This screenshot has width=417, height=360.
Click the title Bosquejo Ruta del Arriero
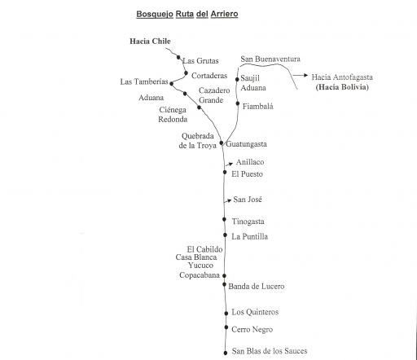tap(187, 15)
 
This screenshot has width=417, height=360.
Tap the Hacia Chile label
tap(150, 42)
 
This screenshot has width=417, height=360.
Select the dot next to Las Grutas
tap(178, 57)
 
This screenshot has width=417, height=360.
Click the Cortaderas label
tap(209, 76)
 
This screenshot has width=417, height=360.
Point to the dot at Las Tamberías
tap(171, 84)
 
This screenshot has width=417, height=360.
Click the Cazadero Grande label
tap(214, 95)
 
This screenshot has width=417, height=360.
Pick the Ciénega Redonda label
tap(173, 115)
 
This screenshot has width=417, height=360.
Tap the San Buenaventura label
tap(270, 59)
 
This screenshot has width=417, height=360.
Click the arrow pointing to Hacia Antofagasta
tap(301, 75)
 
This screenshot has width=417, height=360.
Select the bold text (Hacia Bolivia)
tap(342, 87)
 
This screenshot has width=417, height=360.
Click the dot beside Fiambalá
tap(238, 103)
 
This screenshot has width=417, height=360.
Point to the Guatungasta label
tap(246, 144)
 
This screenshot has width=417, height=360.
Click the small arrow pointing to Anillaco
tap(229, 164)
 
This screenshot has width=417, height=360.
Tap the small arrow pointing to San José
tap(227, 201)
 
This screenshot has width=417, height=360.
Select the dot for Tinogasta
tap(224, 219)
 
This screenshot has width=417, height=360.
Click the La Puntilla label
tap(249, 236)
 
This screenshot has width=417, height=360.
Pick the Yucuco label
tap(200, 266)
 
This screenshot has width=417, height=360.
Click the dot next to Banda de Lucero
tap(224, 284)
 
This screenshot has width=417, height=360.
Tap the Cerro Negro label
tap(252, 330)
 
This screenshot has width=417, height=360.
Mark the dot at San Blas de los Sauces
tap(226, 353)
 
